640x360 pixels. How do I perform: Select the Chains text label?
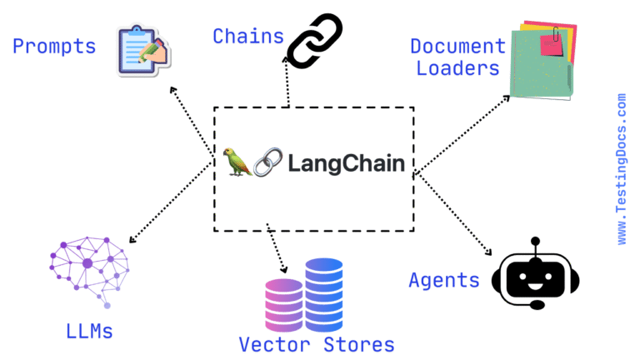tap(247, 37)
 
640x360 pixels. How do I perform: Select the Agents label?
tap(444, 280)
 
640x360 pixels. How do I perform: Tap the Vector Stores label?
tap(317, 343)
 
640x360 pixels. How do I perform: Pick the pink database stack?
tap(283, 305)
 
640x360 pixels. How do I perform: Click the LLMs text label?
tap(89, 331)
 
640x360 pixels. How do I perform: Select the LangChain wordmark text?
tap(346, 162)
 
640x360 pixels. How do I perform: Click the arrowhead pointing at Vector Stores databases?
tap(285, 269)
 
